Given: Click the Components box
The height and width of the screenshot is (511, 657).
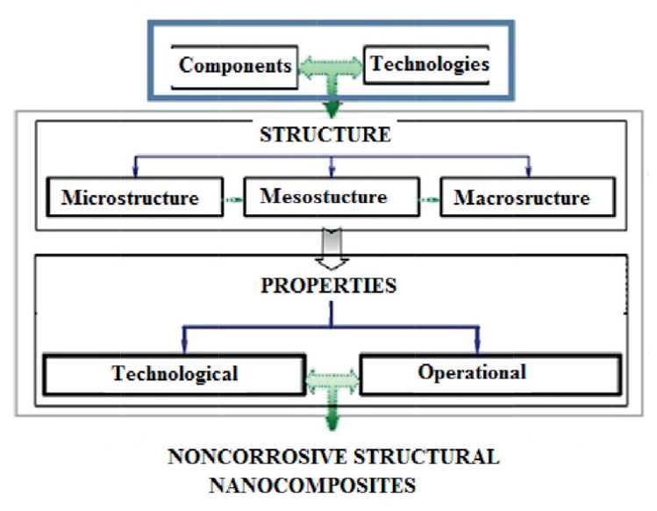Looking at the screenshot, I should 234,66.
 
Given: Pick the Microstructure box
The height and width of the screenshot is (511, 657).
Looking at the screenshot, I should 130,197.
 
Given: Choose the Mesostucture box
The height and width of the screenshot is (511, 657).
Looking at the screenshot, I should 324,196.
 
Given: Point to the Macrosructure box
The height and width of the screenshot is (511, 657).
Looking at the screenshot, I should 522,198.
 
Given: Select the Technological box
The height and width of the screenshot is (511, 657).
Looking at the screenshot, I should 175,373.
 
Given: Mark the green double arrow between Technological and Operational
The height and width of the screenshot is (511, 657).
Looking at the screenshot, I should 331,378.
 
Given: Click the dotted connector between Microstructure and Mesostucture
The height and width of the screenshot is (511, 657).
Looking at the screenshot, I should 231,199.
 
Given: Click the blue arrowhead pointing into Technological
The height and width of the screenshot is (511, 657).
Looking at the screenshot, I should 182,347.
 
